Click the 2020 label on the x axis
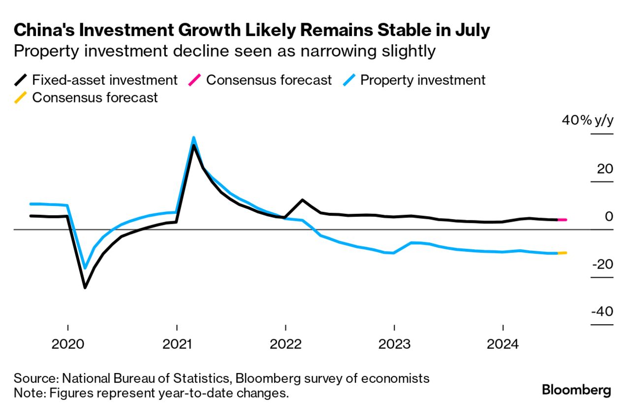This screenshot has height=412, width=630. tap(67, 343)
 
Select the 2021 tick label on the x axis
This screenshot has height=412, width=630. tap(177, 343)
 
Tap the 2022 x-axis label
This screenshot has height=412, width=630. tap(285, 343)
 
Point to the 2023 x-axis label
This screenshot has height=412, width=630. tap(394, 343)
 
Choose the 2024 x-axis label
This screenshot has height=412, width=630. tap(503, 343)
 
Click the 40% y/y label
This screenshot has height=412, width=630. tap(588, 121)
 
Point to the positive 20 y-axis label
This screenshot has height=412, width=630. tap(605, 169)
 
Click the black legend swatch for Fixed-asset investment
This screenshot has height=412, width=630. tap(21, 80)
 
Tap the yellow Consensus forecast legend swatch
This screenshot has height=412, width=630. tap(21, 98)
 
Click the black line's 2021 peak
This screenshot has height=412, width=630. tap(194, 146)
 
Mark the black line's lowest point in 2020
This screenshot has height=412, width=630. tap(85, 287)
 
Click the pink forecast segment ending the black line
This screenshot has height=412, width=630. tap(562, 220)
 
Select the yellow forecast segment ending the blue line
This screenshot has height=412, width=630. tap(562, 253)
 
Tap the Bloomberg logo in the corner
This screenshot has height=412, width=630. tap(576, 391)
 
